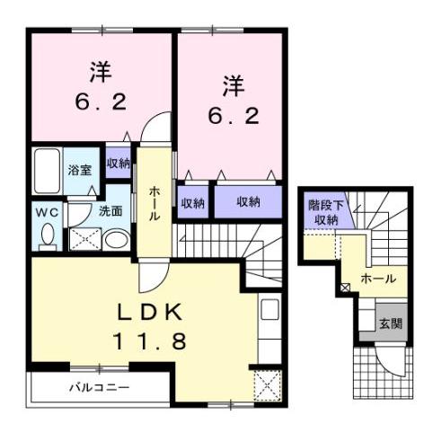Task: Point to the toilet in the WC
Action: pyautogui.click(x=49, y=236)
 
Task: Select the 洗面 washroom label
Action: pyautogui.click(x=110, y=212)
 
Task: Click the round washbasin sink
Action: pyautogui.click(x=114, y=240)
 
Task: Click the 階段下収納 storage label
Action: pyautogui.click(x=325, y=212)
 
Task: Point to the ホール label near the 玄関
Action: pyautogui.click(x=378, y=279)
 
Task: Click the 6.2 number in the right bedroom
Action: pyautogui.click(x=227, y=115)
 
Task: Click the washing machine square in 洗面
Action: pyautogui.click(x=84, y=239)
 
